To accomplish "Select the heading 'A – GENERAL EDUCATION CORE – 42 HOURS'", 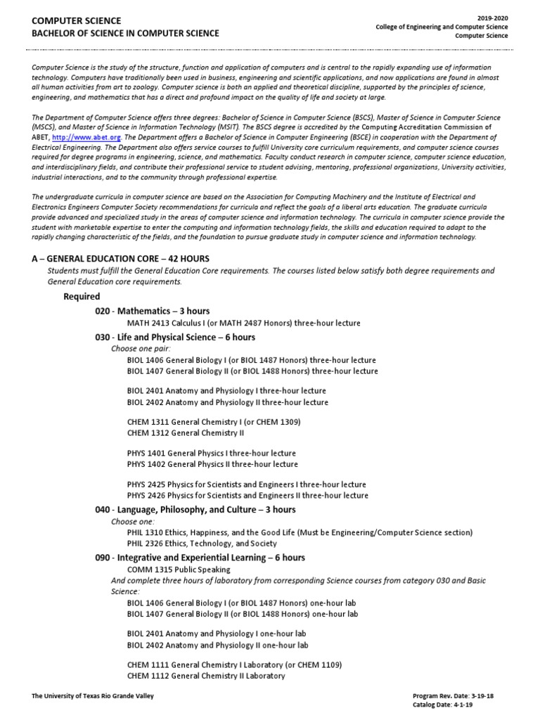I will [120, 259].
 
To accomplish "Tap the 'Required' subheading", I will [82, 296].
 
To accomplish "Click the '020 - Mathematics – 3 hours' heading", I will [152, 311].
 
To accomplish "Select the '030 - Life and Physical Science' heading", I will [175, 337].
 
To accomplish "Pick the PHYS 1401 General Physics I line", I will [212, 453].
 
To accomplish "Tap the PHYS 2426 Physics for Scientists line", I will [247, 495].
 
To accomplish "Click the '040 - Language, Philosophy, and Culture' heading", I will [195, 510].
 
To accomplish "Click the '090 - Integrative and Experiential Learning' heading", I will [200, 558].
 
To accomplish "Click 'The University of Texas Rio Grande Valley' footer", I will [93, 695].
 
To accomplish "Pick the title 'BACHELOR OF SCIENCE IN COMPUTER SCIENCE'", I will [125, 33].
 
